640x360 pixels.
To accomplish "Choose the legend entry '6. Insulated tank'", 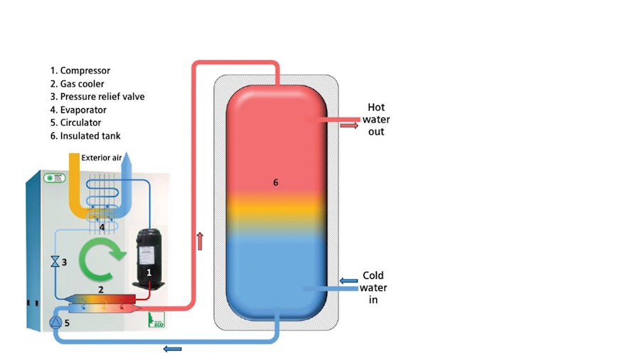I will click(90, 135).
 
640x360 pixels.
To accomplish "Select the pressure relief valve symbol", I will click(54, 262).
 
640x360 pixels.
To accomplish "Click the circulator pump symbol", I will click(55, 322).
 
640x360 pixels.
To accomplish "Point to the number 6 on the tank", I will click(275, 183).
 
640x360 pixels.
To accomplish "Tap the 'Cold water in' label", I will click(373, 287).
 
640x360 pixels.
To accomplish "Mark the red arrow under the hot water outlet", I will click(348, 126).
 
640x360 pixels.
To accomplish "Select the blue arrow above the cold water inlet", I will click(348, 281).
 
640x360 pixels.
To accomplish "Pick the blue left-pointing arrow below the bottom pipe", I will click(172, 349).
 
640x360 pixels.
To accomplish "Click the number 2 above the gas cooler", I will click(101, 290).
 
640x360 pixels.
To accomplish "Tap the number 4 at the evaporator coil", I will click(102, 228).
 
